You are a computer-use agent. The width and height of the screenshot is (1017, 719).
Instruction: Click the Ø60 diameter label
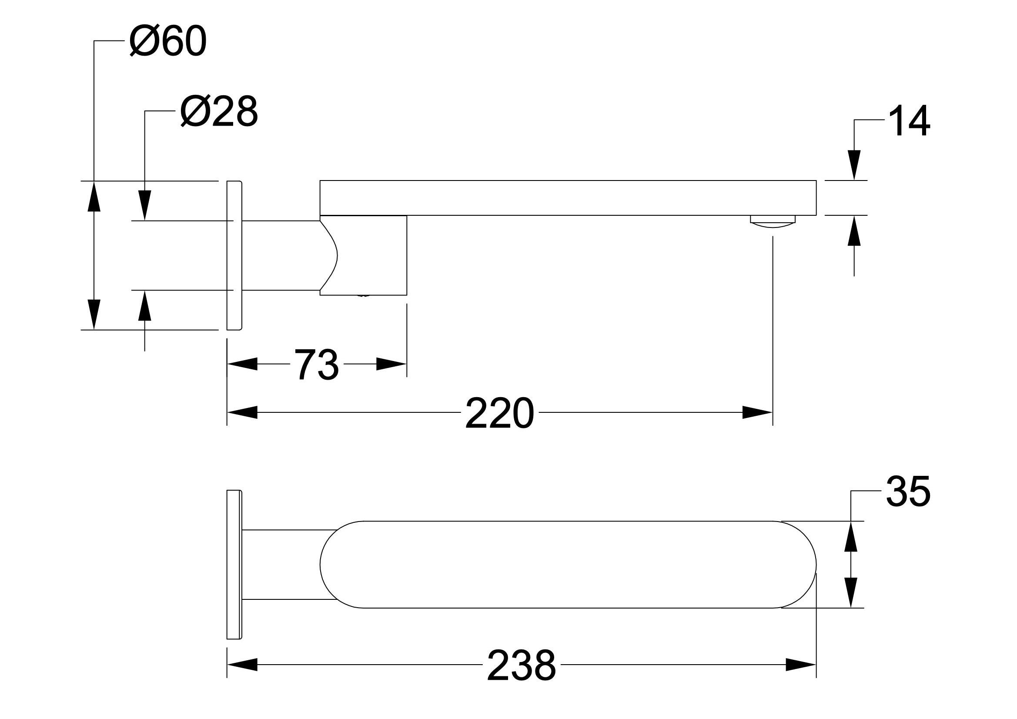168,41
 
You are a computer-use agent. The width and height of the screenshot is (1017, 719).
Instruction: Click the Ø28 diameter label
219,112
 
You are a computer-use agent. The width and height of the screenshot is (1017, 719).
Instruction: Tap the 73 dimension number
317,365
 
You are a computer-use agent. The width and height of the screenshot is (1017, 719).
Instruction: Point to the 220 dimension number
499,413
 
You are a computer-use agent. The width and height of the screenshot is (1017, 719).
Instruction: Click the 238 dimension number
521,665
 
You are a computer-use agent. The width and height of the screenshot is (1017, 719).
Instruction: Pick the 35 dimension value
907,492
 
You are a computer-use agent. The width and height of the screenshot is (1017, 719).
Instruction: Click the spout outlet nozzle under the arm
773,221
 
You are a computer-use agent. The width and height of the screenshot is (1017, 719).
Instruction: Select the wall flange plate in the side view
234,255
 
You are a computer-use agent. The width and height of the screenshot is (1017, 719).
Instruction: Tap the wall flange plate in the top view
234,565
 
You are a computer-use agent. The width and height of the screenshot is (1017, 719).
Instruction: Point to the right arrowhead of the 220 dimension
757,412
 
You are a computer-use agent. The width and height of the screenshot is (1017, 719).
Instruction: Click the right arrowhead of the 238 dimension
801,665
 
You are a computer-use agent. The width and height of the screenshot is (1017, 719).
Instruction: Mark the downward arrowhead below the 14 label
854,165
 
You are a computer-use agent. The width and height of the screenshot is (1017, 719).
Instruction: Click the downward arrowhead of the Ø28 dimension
144,205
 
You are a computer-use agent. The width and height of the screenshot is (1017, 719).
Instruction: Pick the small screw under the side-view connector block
363,295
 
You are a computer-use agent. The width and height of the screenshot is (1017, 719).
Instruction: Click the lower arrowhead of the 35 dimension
850,593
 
